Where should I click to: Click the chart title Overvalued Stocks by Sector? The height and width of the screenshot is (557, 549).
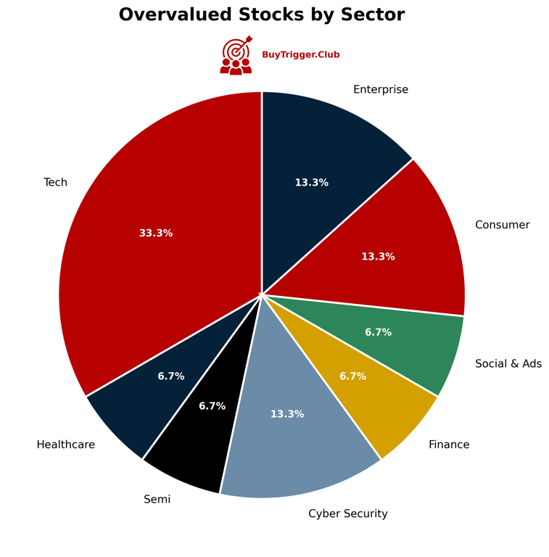pos(261,15)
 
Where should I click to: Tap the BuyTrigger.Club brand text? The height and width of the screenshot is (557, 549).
pos(300,55)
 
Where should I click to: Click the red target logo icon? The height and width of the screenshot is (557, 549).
pos(236,56)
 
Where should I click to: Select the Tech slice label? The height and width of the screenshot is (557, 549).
pos(55,183)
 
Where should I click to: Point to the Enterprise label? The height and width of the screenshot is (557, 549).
pos(380,90)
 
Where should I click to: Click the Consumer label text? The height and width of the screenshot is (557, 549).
pos(502,225)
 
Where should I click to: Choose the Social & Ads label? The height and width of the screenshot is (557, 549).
pos(508,364)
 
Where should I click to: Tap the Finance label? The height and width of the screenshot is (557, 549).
pos(448,445)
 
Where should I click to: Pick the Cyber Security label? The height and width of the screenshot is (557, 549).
pos(347,514)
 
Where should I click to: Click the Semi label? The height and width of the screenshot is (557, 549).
pos(157,500)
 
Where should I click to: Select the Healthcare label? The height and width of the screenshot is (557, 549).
pos(65,445)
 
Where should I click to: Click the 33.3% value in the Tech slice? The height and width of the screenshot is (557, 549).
pos(156,234)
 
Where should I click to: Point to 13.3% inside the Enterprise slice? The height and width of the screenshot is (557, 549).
pos(311,183)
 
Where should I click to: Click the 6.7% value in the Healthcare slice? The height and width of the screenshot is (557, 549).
pos(171,376)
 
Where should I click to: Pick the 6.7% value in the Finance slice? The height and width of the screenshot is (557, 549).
pos(352,376)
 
